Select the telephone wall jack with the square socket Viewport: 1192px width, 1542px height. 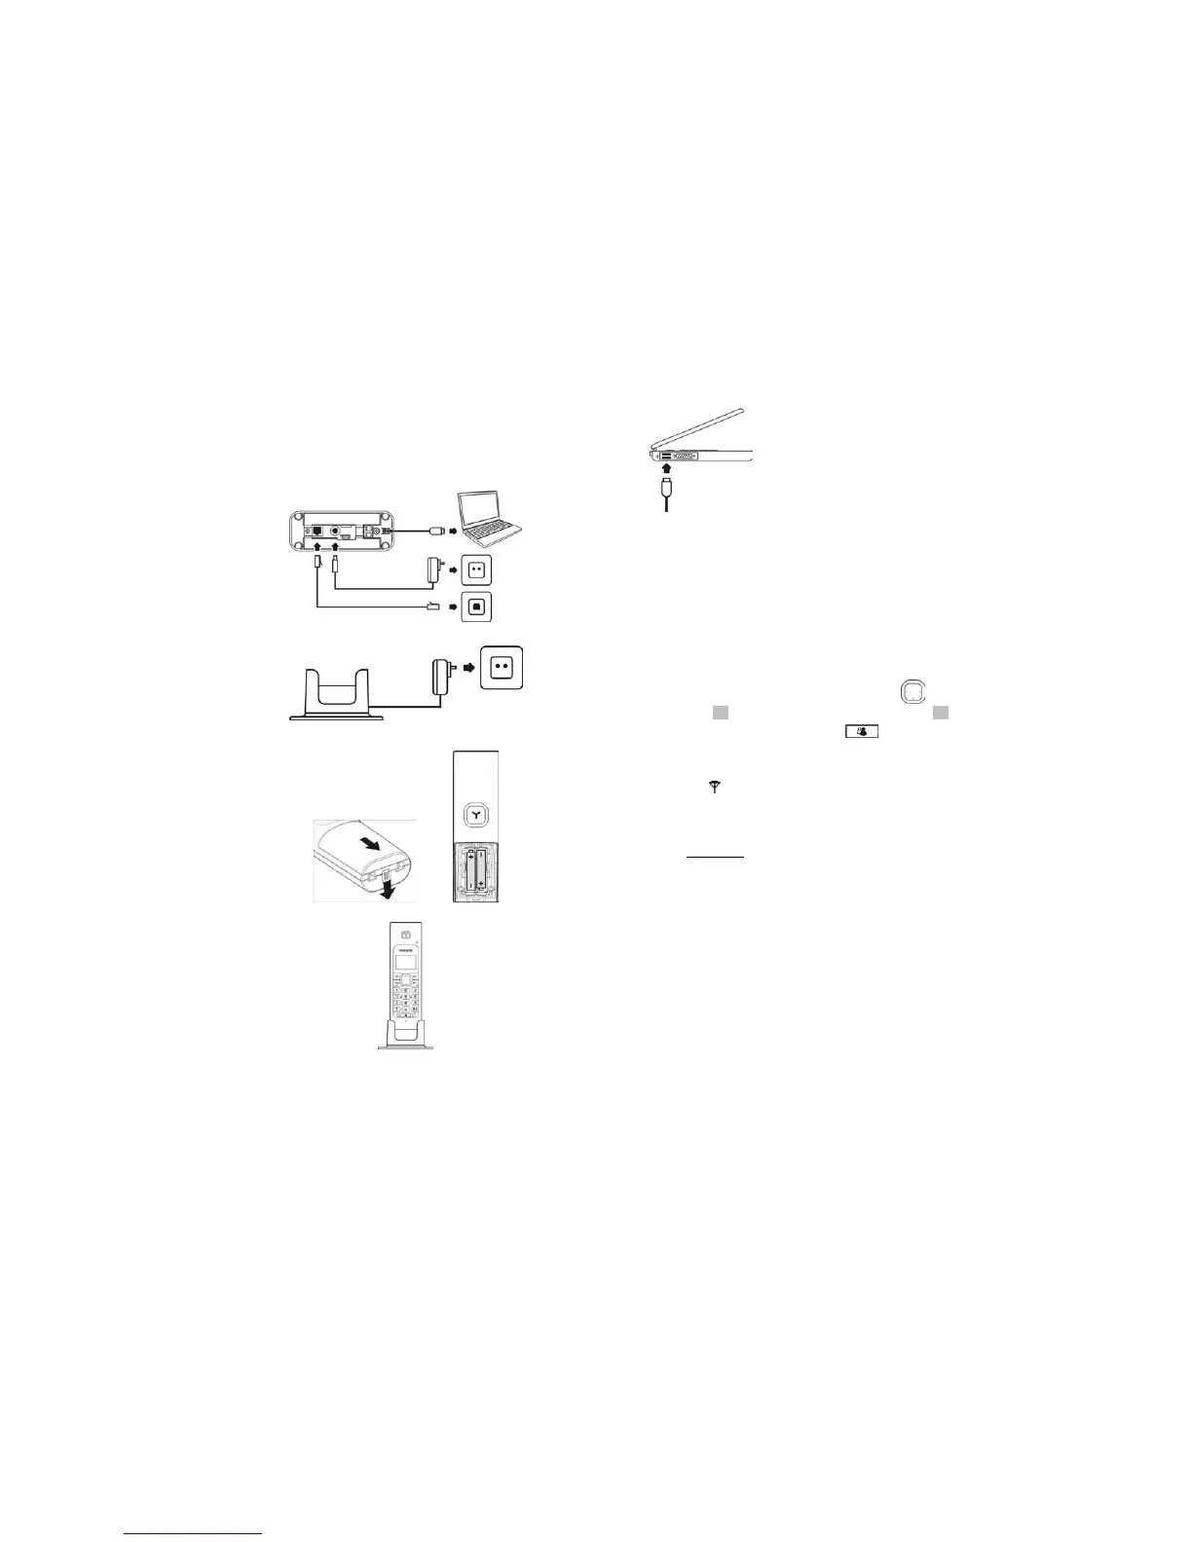pos(477,606)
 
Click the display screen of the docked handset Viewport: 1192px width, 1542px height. pos(404,964)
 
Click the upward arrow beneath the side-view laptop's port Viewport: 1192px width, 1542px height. pos(666,469)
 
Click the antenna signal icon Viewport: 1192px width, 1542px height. pos(715,787)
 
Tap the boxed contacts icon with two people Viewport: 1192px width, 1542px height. pos(861,730)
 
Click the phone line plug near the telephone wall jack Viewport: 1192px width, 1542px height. pos(433,606)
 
